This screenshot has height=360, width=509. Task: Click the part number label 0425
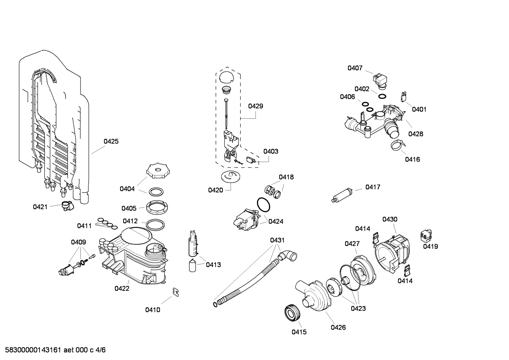click(111, 141)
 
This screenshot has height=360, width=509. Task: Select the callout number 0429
click(255, 106)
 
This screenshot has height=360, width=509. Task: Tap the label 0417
click(373, 187)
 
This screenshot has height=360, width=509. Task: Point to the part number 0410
click(152, 310)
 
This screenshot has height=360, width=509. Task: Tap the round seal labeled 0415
click(292, 313)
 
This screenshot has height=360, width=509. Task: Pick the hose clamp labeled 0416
click(397, 144)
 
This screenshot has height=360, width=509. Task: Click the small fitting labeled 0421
click(66, 205)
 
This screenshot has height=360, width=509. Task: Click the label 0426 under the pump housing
click(338, 327)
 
